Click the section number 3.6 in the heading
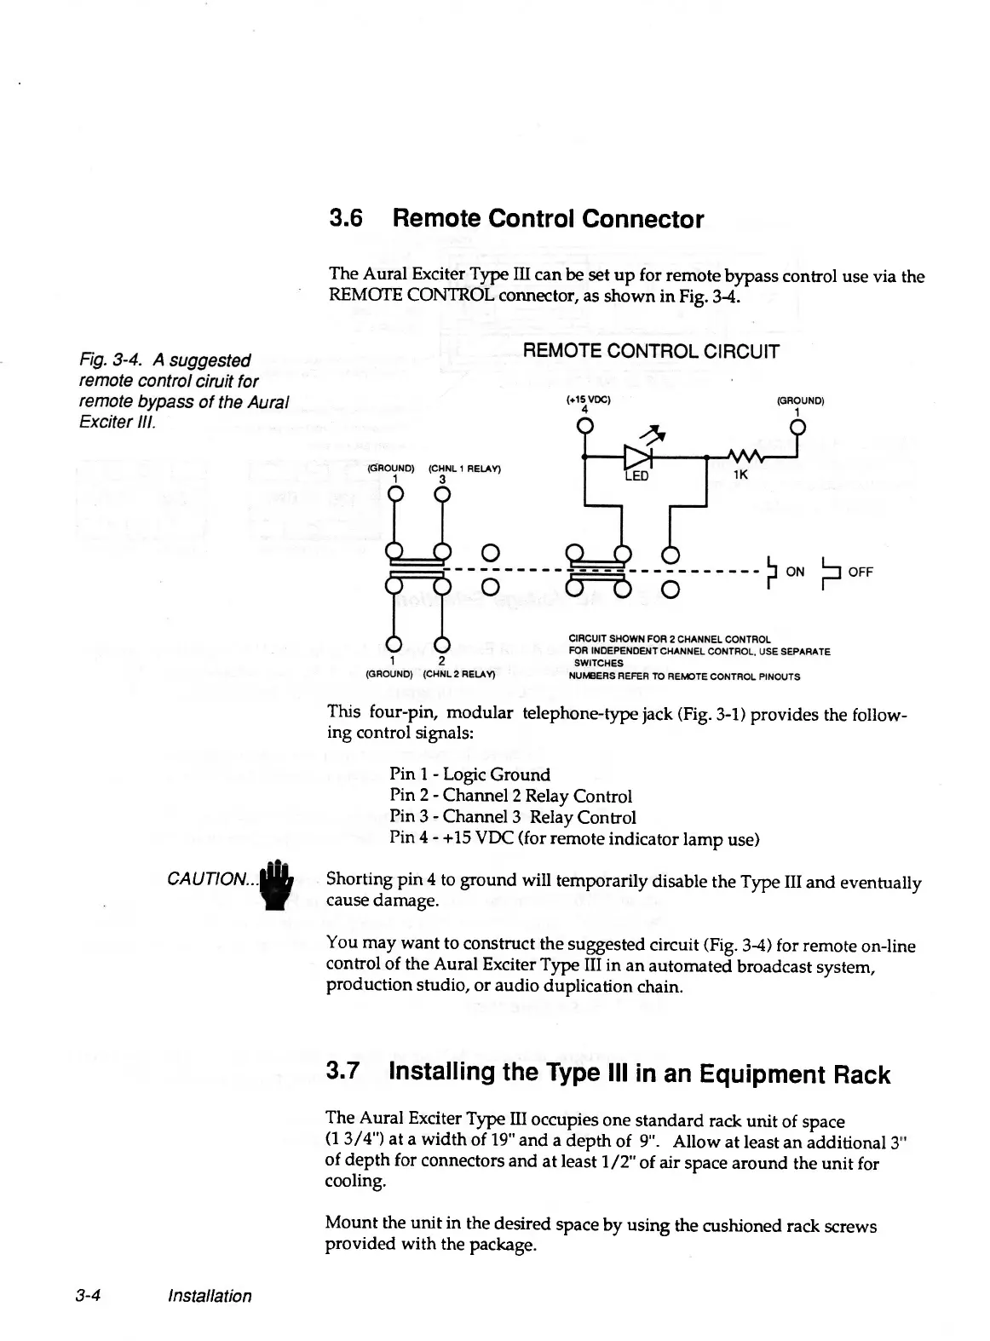coord(346,220)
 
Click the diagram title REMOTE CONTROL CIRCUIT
coord(650,352)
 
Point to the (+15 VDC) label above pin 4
coord(584,399)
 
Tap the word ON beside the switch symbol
coord(794,572)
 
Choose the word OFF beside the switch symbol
coord(860,572)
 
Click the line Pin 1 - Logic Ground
coord(469,774)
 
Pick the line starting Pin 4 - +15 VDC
coord(573,839)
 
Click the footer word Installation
coord(210,1296)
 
